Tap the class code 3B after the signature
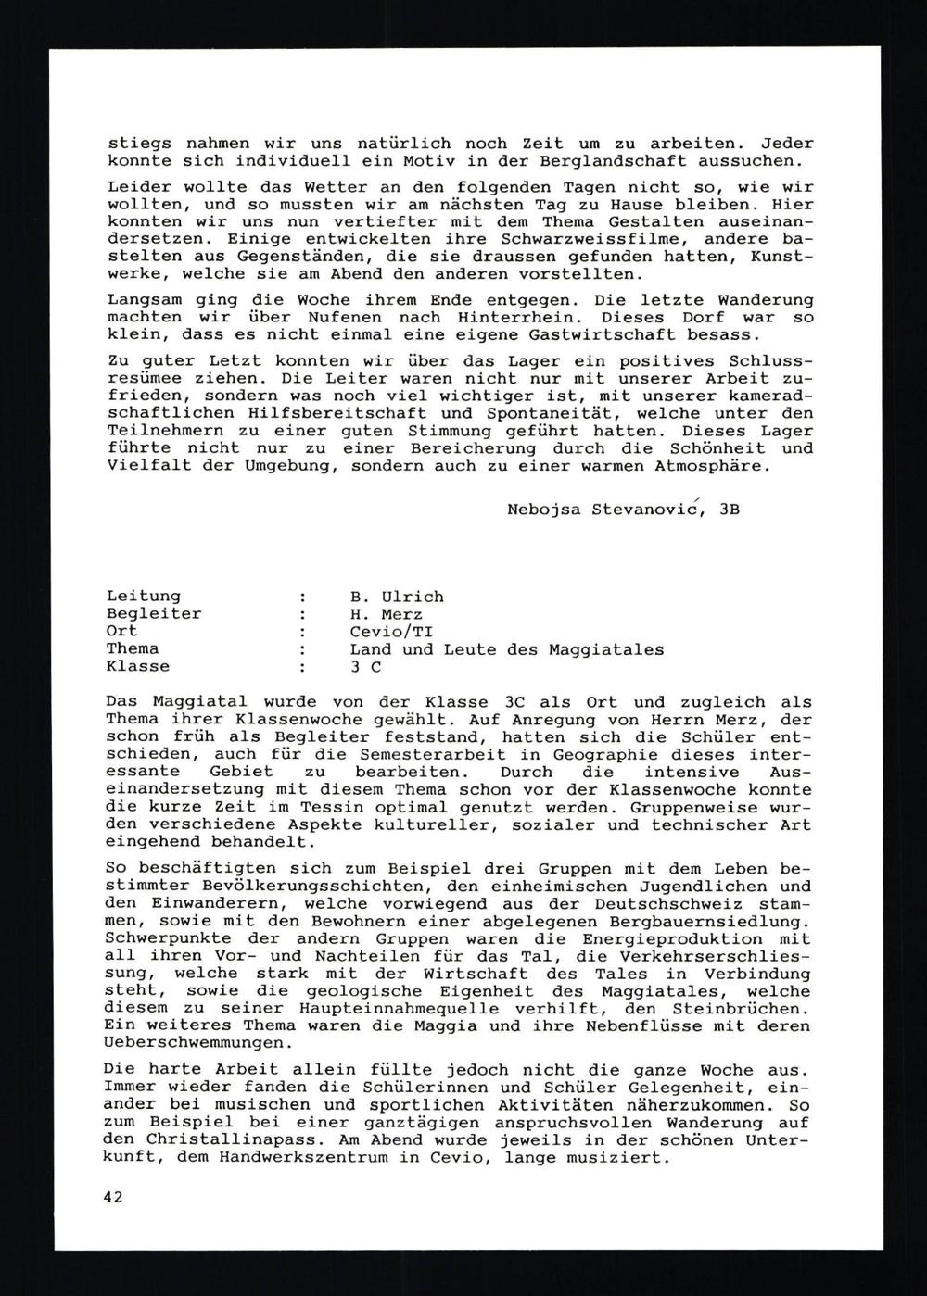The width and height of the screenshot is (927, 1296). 729,510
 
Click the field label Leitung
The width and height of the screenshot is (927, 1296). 144,596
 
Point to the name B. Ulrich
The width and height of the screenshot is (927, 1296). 397,596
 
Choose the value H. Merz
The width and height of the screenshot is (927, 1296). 386,613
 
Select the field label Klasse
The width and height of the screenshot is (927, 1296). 138,666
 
